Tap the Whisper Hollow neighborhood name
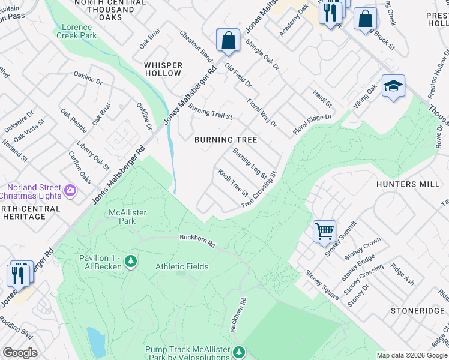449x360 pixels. coord(163,69)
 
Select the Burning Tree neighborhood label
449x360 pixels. coord(226,140)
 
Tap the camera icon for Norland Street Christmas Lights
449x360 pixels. coord(70,191)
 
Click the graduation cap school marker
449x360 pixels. coord(393,86)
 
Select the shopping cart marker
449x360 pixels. coord(324,230)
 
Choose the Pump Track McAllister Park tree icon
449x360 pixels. coord(239,352)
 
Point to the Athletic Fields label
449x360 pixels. coord(182,266)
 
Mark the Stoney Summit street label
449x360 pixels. coord(340,238)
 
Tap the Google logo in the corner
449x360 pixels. coord(20,353)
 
